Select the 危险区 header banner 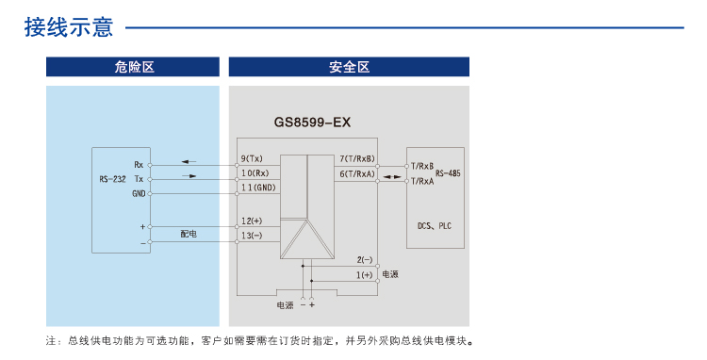click(133, 67)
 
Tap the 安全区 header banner click(349, 67)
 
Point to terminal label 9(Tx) click(253, 158)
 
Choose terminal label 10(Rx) click(255, 173)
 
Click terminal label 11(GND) click(258, 188)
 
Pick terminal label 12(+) click(253, 221)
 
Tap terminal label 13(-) click(253, 236)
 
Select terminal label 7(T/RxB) click(357, 158)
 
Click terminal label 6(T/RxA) click(357, 173)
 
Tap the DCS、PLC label click(435, 226)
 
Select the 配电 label click(189, 232)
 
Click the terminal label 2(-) click(365, 259)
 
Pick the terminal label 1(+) click(365, 274)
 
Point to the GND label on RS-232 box click(139, 193)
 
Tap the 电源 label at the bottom click(285, 305)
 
